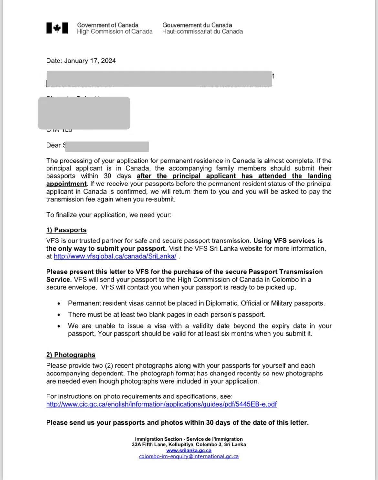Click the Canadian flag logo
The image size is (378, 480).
coord(57,28)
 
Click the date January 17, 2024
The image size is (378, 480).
coord(90,61)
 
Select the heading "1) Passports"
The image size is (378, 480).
coord(66,230)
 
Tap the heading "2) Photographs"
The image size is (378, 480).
coord(71,355)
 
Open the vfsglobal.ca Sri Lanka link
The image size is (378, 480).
coord(115,256)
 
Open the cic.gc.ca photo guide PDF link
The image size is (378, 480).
coord(161,404)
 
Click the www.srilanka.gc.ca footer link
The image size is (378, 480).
coord(189,450)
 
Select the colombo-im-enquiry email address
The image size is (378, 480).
coord(189,456)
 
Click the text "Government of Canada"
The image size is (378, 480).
coord(108,25)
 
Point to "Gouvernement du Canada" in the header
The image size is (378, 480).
coord(197,25)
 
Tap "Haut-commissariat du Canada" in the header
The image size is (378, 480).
coord(202,32)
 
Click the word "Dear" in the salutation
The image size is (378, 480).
coord(53,145)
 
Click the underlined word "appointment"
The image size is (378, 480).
coord(66,184)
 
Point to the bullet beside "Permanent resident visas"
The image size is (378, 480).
coord(58,304)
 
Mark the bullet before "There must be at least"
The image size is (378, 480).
coord(58,315)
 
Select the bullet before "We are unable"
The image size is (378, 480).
coord(58,326)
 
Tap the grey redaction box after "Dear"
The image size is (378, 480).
coord(107,147)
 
